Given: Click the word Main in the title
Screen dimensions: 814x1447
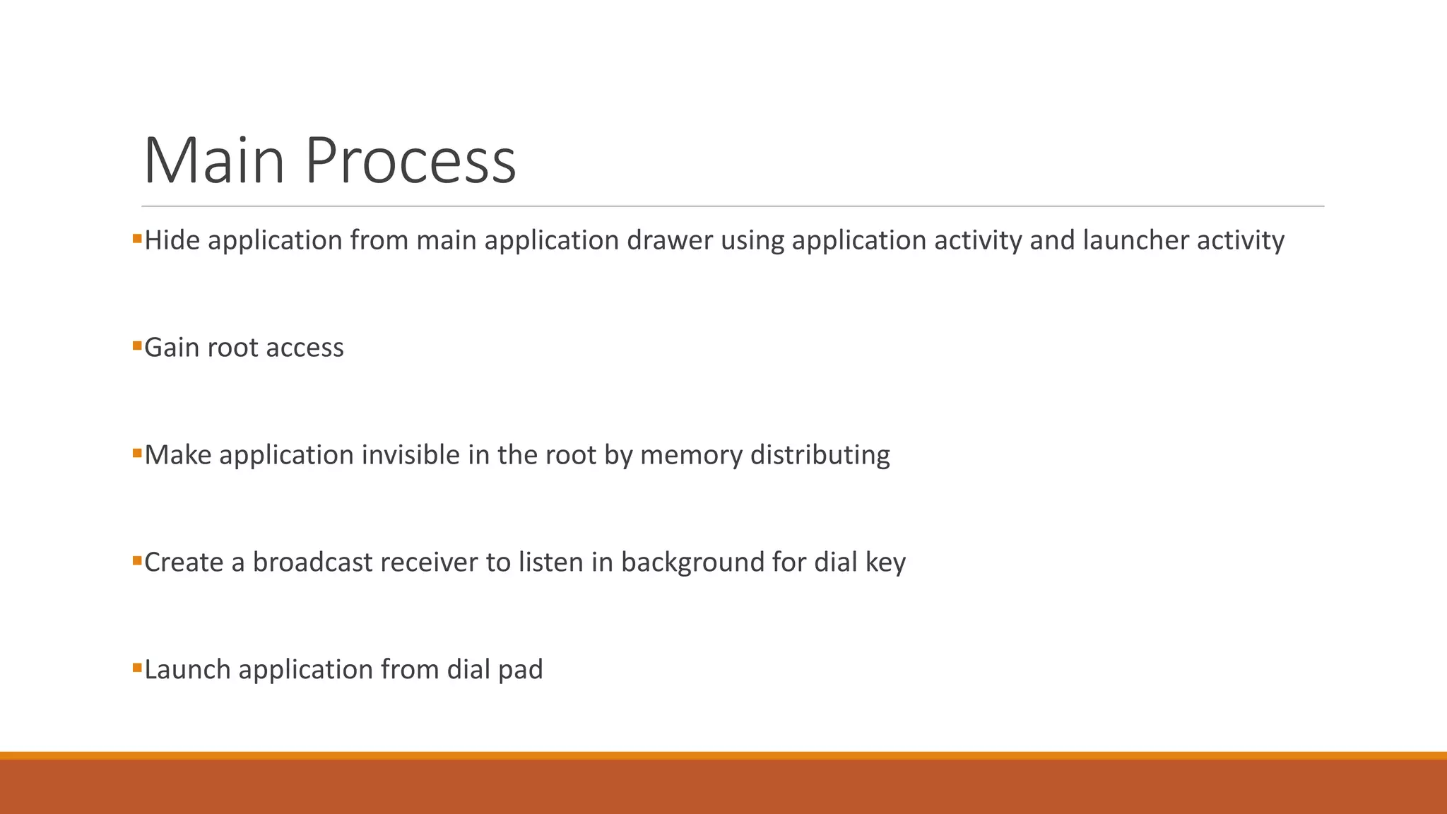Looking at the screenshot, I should click(x=213, y=161).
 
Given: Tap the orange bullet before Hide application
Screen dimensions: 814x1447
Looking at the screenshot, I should click(x=137, y=239).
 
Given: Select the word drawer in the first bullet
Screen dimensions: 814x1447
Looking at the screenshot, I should click(x=670, y=240).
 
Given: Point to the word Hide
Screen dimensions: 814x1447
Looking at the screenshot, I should click(x=172, y=240).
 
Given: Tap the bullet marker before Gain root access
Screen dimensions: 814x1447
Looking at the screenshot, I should click(x=137, y=346).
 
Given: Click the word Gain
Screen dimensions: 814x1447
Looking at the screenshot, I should click(x=172, y=348).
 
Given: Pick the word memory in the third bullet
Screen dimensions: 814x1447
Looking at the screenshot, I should click(x=691, y=455).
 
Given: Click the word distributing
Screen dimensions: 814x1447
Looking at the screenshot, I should click(x=820, y=455).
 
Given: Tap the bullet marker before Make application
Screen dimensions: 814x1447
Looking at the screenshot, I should click(x=137, y=453).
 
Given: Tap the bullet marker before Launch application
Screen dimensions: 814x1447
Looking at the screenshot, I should click(x=137, y=667).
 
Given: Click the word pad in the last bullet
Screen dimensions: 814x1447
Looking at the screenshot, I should click(x=520, y=670).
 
